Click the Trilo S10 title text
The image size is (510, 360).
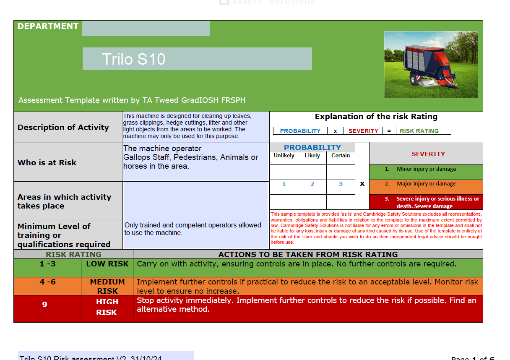click(x=134, y=59)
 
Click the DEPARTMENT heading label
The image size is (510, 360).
click(x=48, y=26)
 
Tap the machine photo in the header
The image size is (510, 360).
click(x=431, y=65)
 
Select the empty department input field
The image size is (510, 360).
click(x=146, y=29)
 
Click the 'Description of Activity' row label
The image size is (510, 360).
click(x=63, y=128)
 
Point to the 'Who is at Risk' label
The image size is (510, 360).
click(x=47, y=163)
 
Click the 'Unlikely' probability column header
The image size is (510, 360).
click(x=284, y=156)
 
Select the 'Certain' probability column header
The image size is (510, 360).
click(x=341, y=156)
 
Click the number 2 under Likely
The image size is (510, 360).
click(x=312, y=184)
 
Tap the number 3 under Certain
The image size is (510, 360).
click(x=341, y=184)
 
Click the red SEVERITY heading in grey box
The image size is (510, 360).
click(x=428, y=154)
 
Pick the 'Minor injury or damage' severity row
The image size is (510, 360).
click(x=426, y=170)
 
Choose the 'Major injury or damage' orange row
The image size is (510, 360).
click(x=426, y=184)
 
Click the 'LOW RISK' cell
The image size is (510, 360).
click(x=107, y=264)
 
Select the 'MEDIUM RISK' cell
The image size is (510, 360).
click(x=107, y=286)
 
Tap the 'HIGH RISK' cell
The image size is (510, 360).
click(x=107, y=307)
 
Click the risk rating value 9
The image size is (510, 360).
click(x=45, y=305)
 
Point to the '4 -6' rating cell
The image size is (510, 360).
click(x=47, y=282)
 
